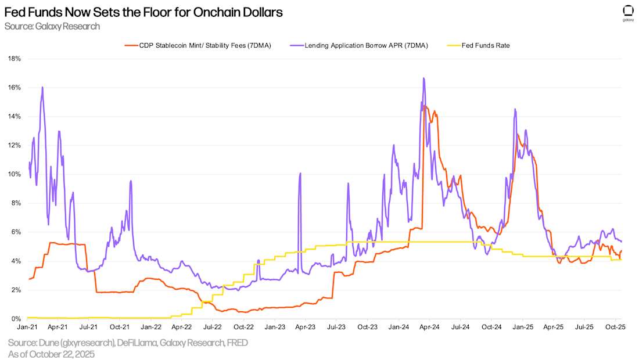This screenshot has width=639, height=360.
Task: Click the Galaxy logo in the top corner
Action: point(628,12)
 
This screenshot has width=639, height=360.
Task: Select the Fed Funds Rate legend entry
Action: point(485,45)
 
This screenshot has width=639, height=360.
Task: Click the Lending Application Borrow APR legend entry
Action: point(366,45)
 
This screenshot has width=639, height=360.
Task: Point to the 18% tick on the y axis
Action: point(14,59)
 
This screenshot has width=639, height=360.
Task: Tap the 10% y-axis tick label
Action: point(14,174)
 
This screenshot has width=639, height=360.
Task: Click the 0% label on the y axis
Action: point(16,319)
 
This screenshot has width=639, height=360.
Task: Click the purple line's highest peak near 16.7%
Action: point(423,78)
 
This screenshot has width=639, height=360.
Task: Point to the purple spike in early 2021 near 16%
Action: point(42,87)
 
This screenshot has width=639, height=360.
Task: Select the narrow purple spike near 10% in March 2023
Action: point(300,174)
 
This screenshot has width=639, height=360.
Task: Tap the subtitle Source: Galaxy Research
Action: point(52,26)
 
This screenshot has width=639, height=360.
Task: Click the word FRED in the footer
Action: point(237,343)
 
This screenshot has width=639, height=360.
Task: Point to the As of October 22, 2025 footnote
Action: point(51,354)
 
